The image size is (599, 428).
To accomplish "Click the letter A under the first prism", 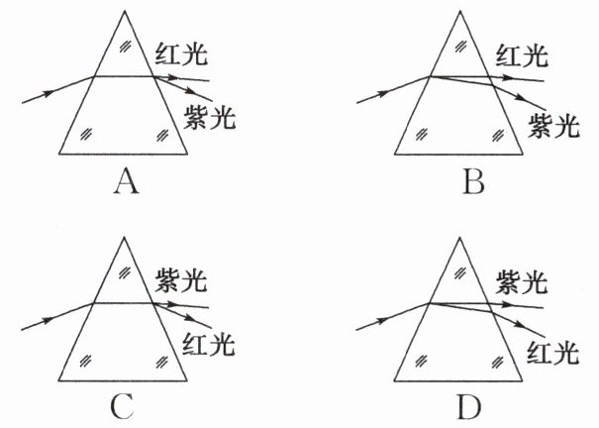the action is [125, 182].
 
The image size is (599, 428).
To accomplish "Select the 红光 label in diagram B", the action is [523, 53].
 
